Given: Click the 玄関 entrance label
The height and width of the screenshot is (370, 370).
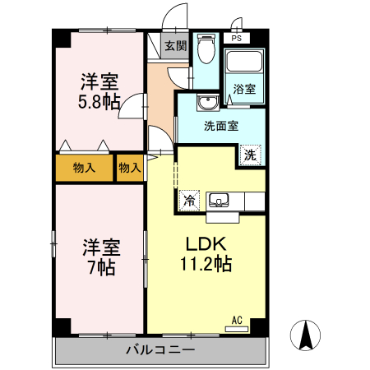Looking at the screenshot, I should (174, 46).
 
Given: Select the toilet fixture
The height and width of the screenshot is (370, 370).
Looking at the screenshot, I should (206, 52).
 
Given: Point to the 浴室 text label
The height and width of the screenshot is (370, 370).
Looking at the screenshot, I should (244, 90).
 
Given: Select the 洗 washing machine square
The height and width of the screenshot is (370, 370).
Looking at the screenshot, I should (249, 154).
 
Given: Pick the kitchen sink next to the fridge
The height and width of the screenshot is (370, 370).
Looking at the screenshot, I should (220, 199).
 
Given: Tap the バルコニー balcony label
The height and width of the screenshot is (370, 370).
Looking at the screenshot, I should (160, 350).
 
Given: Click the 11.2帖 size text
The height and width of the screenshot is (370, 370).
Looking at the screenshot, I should (206, 264).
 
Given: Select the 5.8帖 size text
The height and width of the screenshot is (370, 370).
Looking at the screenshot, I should (99, 102).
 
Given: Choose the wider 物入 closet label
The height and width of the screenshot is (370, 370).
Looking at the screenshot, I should (85, 168).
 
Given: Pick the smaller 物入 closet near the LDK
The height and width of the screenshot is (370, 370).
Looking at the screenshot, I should (130, 168).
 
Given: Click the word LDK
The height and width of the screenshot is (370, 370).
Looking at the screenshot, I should (206, 244).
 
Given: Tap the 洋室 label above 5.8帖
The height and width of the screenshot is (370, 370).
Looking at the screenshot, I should (99, 81).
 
